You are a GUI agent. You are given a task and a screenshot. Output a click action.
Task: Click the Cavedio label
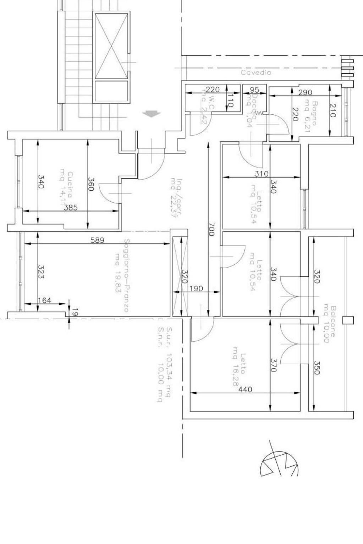tap(256, 73)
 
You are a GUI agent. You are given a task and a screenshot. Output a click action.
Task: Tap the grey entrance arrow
tap(151, 114)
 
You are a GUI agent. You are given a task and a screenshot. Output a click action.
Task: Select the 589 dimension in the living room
tap(97, 240)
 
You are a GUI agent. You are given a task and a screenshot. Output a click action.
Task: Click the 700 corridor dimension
tap(211, 229)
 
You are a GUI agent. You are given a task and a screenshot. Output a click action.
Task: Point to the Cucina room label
tap(70, 185)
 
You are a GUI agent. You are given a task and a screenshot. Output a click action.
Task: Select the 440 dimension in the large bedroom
tap(245, 389)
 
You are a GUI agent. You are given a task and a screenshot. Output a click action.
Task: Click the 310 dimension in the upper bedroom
tap(262, 174)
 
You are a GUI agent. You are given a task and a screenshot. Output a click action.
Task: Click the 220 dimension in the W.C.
tap(213, 90)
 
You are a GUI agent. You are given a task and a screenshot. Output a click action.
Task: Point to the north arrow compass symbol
tap(279, 463)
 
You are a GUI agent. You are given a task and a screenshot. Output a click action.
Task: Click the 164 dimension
tap(44, 301)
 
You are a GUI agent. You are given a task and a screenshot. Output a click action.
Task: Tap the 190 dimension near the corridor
tap(196, 288)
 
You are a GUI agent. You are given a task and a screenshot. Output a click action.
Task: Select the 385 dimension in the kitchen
tap(71, 208)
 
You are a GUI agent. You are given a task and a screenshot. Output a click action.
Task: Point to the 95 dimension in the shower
tap(254, 90)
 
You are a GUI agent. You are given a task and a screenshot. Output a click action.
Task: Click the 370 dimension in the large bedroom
tap(273, 365)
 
